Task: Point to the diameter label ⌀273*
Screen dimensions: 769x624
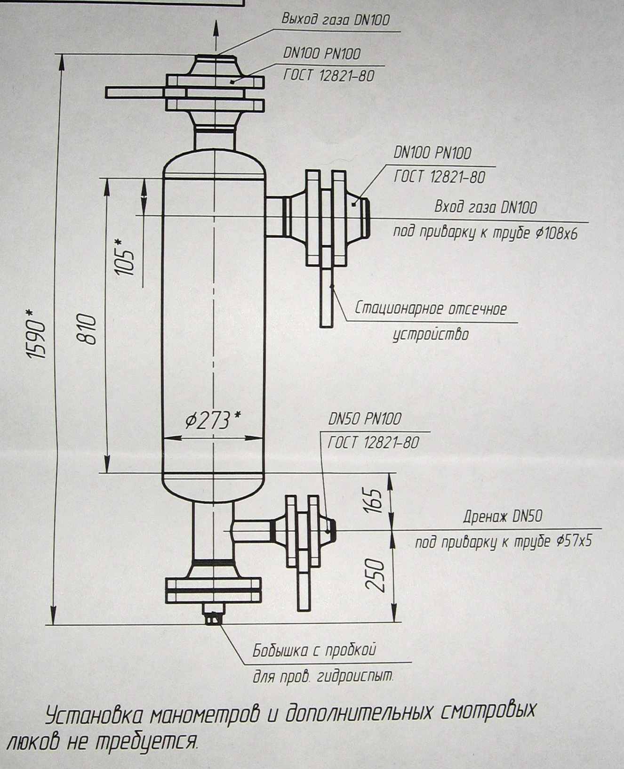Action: pyautogui.click(x=212, y=420)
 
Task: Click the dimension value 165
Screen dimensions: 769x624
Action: pyautogui.click(x=375, y=501)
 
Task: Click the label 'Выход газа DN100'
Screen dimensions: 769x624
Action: pyautogui.click(x=336, y=20)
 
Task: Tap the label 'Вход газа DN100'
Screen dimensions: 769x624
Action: pyautogui.click(x=485, y=207)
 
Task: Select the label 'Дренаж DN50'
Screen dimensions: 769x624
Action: pyautogui.click(x=502, y=517)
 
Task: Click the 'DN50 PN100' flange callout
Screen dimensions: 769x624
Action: pyautogui.click(x=365, y=419)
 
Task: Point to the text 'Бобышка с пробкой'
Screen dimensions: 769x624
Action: pyautogui.click(x=314, y=651)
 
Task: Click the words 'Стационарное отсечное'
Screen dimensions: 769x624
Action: pyautogui.click(x=431, y=309)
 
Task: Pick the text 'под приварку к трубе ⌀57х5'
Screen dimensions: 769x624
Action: pyautogui.click(x=503, y=542)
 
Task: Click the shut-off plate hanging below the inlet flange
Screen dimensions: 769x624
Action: pyautogui.click(x=327, y=297)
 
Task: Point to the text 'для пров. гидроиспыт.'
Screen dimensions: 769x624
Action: pyautogui.click(x=323, y=677)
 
